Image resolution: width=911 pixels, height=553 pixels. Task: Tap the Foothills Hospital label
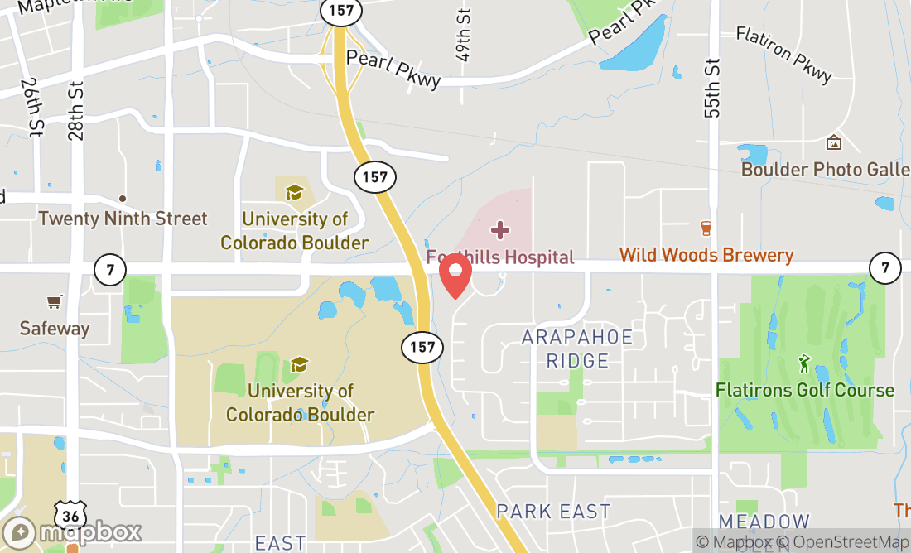pos(500,257)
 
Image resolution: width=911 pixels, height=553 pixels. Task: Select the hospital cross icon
pos(500,229)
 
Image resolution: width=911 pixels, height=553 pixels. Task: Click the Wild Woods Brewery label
pos(706,255)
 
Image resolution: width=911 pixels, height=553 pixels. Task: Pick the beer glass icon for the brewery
pos(706,228)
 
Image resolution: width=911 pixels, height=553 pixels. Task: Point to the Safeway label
pos(55,328)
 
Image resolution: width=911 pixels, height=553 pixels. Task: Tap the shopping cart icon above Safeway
pos(55,302)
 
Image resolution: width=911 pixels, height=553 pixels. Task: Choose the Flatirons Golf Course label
pos(805,390)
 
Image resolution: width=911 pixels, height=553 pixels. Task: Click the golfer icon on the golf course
pos(803,363)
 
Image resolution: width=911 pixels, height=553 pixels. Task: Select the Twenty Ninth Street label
pos(123,219)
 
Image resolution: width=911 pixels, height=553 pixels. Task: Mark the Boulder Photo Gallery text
pos(825,169)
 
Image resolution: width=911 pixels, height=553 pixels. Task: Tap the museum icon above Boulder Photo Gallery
pos(834,143)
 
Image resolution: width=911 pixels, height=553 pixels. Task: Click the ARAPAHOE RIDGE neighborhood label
pos(577,349)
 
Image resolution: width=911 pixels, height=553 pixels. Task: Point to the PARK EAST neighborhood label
pos(553,511)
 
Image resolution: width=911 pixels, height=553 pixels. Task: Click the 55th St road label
pos(714,89)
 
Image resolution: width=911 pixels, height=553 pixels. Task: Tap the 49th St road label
pos(464,35)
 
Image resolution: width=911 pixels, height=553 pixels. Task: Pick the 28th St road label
pos(77,112)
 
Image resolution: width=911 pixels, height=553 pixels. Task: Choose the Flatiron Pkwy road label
pos(783,55)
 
